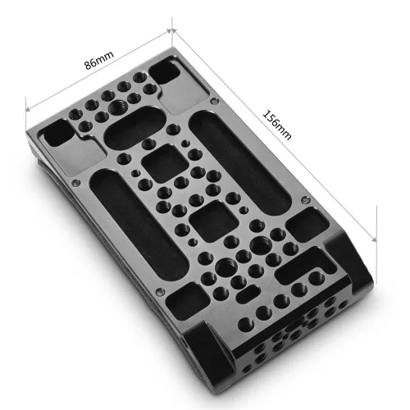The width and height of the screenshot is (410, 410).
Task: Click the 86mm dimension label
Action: tap(99, 62)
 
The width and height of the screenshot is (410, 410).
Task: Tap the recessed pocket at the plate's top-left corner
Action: tap(59, 131)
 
